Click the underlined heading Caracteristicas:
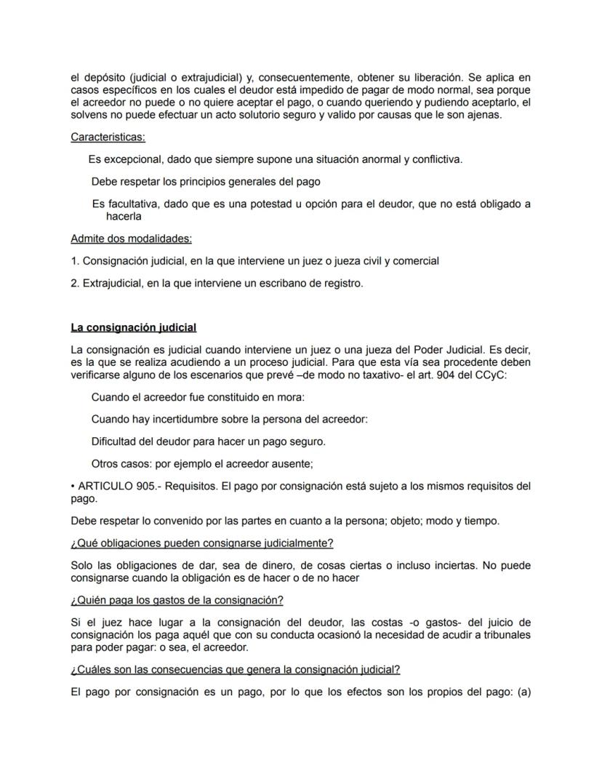point(108,137)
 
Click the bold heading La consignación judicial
point(133,327)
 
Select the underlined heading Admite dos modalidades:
point(131,239)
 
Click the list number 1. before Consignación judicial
point(75,260)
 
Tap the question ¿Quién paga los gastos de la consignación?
point(177,600)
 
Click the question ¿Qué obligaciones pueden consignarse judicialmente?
point(202,543)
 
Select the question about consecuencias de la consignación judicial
point(236,669)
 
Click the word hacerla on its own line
point(123,216)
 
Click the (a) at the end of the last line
point(523,692)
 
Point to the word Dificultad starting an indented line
point(116,442)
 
